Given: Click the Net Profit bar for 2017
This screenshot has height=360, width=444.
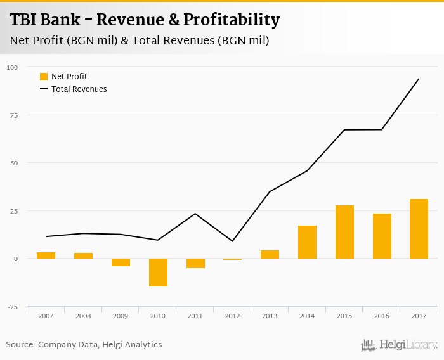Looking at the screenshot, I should [x=419, y=229].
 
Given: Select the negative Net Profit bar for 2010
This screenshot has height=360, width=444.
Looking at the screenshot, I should [x=158, y=273].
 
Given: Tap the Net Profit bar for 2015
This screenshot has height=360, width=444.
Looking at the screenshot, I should [x=344, y=232].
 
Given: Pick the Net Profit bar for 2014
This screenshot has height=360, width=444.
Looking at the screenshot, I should [x=307, y=242].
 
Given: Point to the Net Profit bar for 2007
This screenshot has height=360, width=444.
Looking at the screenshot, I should [x=46, y=255].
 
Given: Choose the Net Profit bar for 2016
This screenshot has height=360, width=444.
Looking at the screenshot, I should [x=382, y=236].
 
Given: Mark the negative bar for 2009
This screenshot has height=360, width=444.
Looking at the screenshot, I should [x=121, y=262].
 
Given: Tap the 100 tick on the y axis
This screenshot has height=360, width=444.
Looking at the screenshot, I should [x=13, y=67].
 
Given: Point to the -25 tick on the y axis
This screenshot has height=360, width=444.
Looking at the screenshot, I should [x=13, y=307].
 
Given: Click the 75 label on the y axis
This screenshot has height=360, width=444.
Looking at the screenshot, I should [x=14, y=115].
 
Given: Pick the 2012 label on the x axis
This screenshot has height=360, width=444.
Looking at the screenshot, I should [x=232, y=316].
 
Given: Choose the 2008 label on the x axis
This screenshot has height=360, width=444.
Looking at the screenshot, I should [x=83, y=316].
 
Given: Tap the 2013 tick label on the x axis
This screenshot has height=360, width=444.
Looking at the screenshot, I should [x=270, y=316].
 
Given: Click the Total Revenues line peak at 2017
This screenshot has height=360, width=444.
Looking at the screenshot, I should [x=419, y=79].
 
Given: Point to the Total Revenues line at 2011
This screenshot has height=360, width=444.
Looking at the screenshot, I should [x=195, y=214].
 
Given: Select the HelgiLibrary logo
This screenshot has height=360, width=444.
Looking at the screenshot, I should [x=400, y=345].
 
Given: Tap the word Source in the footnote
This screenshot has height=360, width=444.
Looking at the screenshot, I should [x=20, y=345].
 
